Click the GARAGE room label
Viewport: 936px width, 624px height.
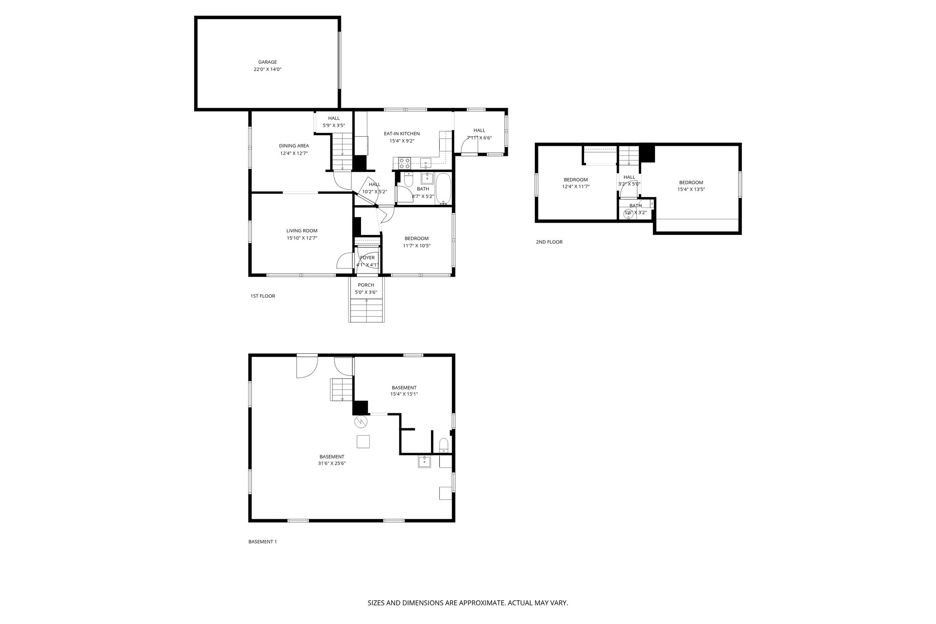267,62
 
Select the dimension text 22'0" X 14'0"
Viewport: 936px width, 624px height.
267,69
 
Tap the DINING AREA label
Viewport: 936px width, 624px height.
294,146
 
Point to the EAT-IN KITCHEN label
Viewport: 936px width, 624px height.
401,133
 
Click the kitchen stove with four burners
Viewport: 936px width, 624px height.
404,163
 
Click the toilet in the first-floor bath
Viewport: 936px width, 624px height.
409,180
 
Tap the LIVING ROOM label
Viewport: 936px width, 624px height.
302,231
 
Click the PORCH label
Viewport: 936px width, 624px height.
366,285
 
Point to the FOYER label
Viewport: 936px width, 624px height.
367,258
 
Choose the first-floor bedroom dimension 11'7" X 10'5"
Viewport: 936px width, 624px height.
416,245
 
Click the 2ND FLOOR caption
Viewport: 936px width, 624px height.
549,242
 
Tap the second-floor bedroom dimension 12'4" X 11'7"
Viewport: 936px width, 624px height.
575,187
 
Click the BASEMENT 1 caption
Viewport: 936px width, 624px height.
262,542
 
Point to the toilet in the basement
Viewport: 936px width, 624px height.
443,446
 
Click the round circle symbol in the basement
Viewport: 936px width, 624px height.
360,421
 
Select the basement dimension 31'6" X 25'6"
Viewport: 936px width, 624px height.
332,463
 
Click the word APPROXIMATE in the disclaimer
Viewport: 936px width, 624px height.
481,603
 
